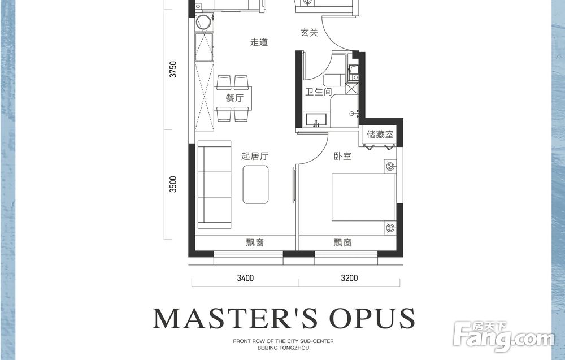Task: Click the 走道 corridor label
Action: click(x=259, y=42)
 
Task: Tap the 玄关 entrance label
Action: click(x=309, y=33)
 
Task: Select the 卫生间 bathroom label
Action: click(x=318, y=92)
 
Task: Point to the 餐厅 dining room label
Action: click(x=234, y=98)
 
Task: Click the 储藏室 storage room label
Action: click(x=380, y=135)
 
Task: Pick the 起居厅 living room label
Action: click(x=255, y=156)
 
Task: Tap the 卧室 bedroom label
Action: click(x=342, y=156)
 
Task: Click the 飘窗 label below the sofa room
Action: click(x=255, y=242)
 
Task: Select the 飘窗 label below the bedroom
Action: click(x=342, y=242)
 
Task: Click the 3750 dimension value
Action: click(x=173, y=69)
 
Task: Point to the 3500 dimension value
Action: click(x=173, y=184)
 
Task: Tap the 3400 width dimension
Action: click(x=245, y=278)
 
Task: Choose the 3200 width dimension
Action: click(x=349, y=278)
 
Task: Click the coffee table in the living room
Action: click(x=255, y=184)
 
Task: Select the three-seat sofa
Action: click(x=214, y=184)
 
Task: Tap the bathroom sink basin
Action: click(x=316, y=120)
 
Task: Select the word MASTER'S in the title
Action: click(x=235, y=318)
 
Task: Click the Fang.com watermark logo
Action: click(x=504, y=337)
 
